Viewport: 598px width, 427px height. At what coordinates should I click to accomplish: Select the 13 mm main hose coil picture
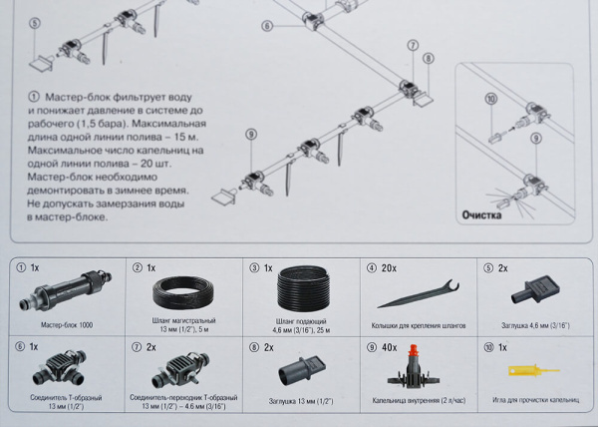coord(182,292)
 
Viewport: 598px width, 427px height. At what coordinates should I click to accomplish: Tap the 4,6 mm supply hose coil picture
coord(301,290)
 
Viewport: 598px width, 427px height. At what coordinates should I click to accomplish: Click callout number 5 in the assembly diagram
coord(35,21)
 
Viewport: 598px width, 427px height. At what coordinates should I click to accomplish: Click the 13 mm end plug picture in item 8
coord(301,375)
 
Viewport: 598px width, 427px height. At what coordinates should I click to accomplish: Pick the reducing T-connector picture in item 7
coord(180,375)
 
